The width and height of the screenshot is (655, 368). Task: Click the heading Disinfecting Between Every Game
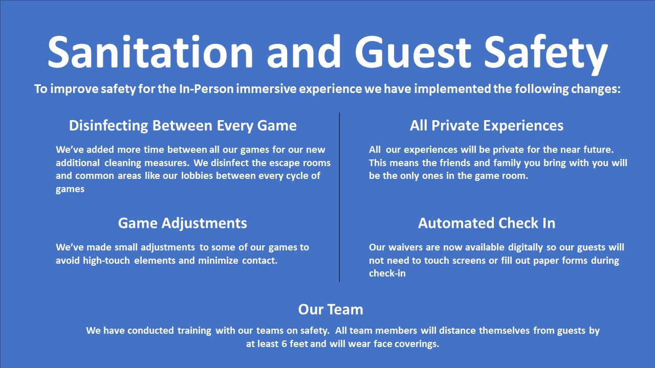click(183, 126)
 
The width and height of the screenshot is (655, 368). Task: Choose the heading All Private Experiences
click(487, 126)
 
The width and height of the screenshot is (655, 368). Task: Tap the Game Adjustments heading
click(183, 223)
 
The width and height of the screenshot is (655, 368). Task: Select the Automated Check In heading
click(487, 223)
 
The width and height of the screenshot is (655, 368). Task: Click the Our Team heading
click(331, 309)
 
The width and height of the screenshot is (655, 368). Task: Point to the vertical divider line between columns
click(339, 197)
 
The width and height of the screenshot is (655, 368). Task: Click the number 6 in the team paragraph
click(284, 344)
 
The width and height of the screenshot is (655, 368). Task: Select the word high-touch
click(106, 261)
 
